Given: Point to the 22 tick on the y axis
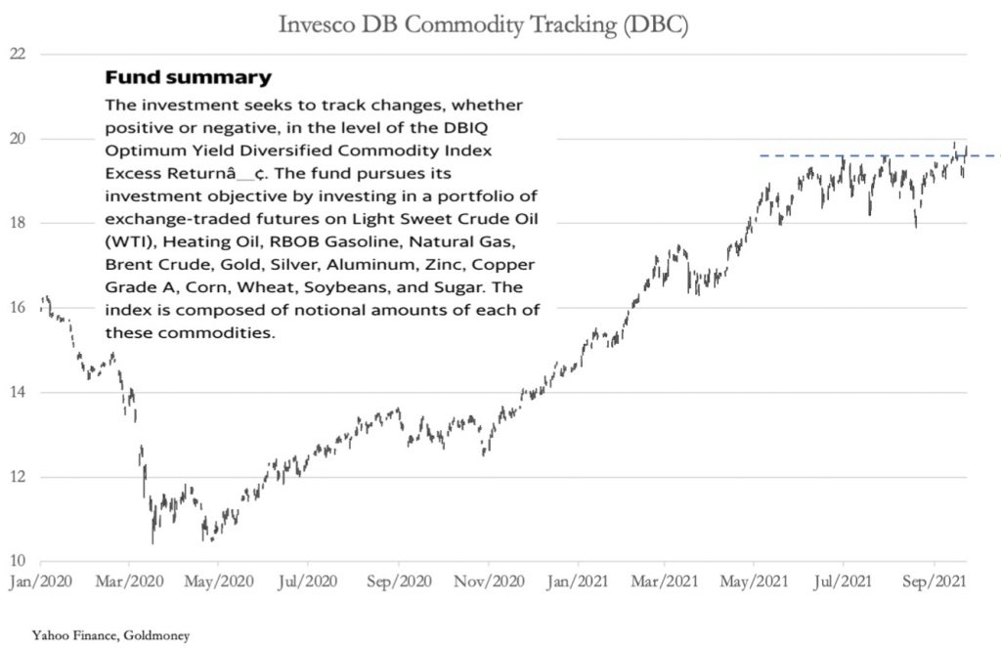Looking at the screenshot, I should pyautogui.click(x=17, y=53).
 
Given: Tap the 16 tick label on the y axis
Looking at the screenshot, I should pyautogui.click(x=17, y=307).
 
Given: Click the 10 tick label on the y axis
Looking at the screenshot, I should pyautogui.click(x=17, y=561).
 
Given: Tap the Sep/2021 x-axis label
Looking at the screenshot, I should pyautogui.click(x=934, y=580).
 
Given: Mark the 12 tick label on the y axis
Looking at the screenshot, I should pyautogui.click(x=17, y=477).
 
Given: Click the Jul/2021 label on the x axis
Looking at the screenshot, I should pyautogui.click(x=844, y=580).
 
